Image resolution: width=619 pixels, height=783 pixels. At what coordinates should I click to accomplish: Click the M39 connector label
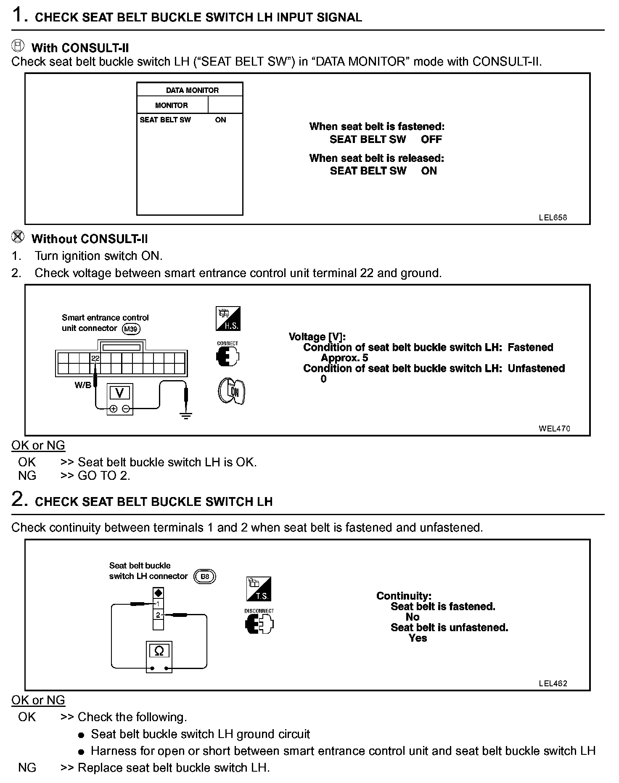click(x=131, y=329)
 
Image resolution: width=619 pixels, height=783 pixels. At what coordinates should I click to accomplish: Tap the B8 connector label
click(x=205, y=576)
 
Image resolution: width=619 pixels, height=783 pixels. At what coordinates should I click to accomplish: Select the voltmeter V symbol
click(x=120, y=393)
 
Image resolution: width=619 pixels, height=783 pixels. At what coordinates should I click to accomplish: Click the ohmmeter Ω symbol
click(x=159, y=651)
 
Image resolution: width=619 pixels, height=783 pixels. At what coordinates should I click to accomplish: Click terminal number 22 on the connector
click(x=95, y=358)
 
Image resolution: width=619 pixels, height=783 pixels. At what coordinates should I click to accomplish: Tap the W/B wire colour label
click(x=82, y=385)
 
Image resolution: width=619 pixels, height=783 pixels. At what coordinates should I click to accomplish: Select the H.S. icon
click(x=228, y=318)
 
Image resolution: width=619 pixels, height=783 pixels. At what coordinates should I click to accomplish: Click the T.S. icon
click(x=259, y=589)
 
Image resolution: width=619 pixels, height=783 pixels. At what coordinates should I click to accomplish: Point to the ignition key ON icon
click(x=231, y=391)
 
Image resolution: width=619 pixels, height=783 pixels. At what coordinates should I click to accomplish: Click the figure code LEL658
click(x=553, y=217)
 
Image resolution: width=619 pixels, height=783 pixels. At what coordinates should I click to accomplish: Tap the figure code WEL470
click(x=554, y=429)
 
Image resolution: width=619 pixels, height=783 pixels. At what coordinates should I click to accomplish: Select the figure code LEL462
click(x=553, y=683)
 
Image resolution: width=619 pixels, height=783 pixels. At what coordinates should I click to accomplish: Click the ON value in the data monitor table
click(x=220, y=120)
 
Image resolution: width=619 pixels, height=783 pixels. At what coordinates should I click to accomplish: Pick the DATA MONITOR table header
click(x=192, y=90)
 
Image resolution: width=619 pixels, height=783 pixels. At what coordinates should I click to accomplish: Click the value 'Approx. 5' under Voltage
click(x=344, y=358)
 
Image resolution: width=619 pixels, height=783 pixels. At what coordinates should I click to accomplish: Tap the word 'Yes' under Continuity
click(x=418, y=638)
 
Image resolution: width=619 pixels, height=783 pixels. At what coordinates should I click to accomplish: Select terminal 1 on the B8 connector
click(x=158, y=604)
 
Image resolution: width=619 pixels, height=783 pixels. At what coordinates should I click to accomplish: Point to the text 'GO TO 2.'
click(x=104, y=476)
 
